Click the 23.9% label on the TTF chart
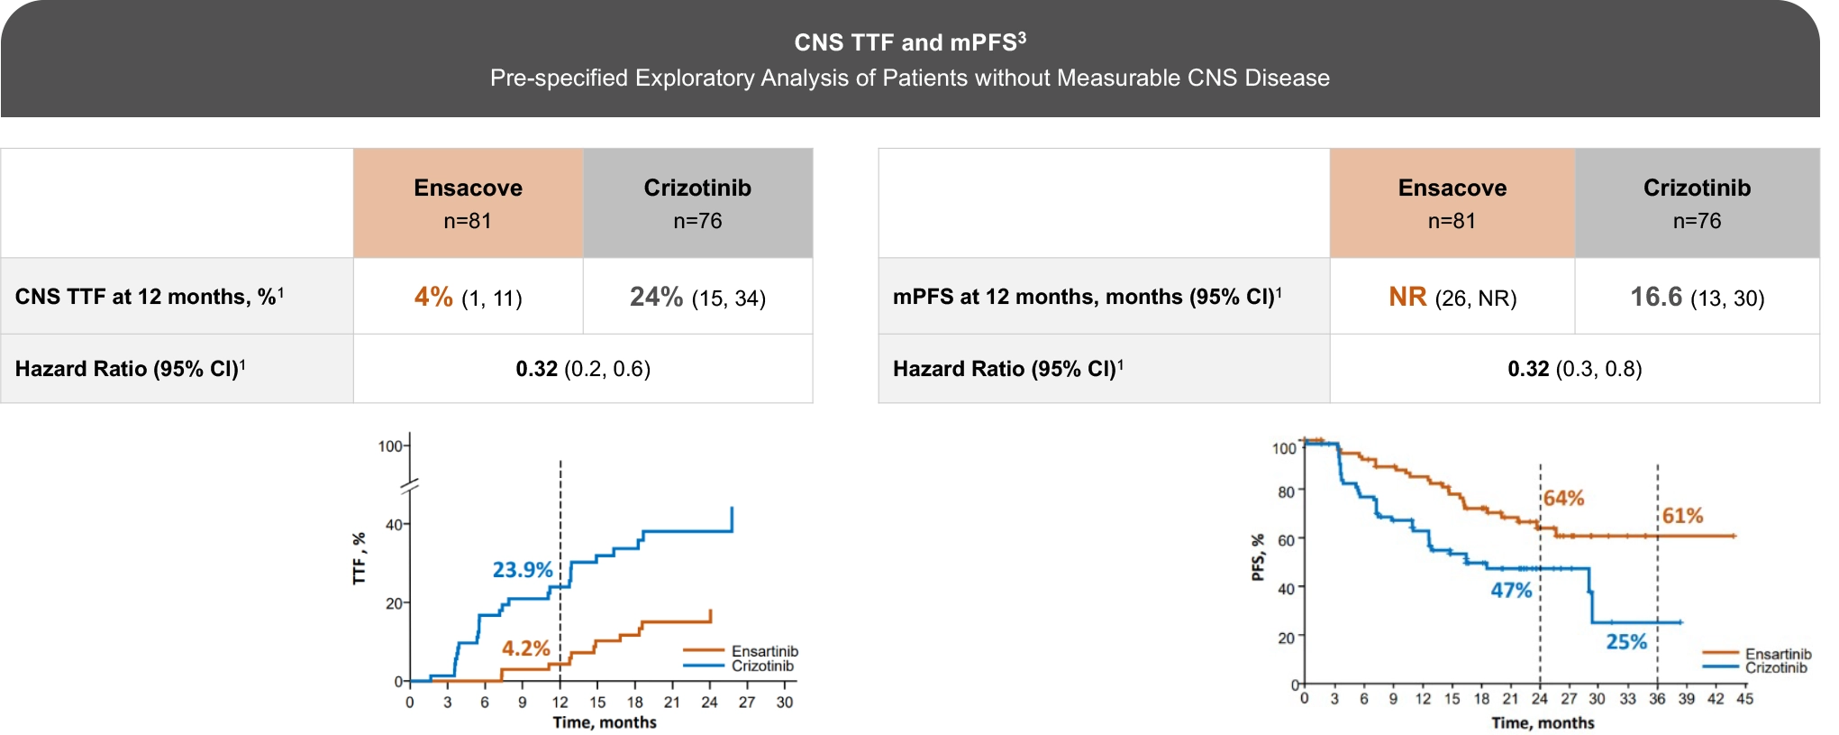pos(522,570)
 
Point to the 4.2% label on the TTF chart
pos(525,648)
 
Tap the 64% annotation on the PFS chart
pos(1563,499)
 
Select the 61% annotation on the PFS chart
pos(1682,516)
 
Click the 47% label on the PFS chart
pos(1511,591)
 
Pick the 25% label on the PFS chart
pos(1626,642)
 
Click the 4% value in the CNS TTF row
pos(433,297)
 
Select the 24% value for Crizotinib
pos(656,297)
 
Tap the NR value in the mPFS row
pos(1407,297)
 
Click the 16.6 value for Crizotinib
pos(1656,297)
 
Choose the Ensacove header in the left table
pos(468,188)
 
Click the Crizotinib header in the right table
pos(1697,188)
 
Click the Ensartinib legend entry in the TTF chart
pos(764,651)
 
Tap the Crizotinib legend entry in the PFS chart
pos(1775,668)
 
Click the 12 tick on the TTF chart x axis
pos(560,703)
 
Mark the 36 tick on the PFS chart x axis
pos(1657,699)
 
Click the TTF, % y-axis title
pos(360,559)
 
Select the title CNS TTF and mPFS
pos(909,42)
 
